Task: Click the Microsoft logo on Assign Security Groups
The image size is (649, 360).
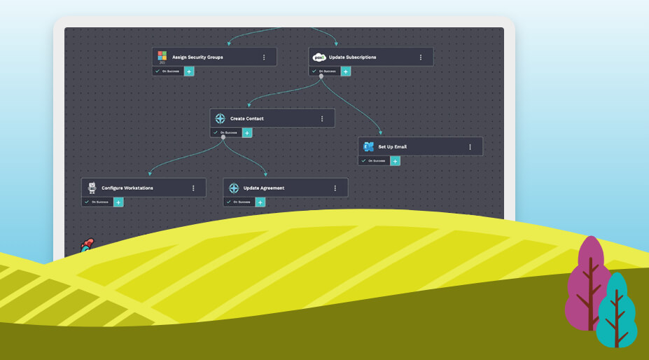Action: pos(162,57)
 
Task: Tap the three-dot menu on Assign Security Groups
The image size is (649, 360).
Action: pos(264,57)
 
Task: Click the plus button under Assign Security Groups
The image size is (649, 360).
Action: pos(189,71)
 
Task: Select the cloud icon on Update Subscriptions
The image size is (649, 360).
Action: pos(319,57)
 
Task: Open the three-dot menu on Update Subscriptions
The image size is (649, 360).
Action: pos(421,57)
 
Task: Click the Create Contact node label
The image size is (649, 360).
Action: pos(246,118)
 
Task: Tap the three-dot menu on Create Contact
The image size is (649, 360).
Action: pos(322,118)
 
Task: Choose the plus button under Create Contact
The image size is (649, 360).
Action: pos(247,132)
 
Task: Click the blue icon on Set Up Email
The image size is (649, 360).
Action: pos(368,146)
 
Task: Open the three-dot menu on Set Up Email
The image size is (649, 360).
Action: pos(470,146)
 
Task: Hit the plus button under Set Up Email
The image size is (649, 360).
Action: pos(396,160)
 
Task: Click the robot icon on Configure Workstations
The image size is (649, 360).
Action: pos(92,188)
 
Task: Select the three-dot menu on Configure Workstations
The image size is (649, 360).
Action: pos(193,188)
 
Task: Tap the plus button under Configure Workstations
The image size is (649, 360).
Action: pos(118,202)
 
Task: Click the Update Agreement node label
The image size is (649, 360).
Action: pos(263,188)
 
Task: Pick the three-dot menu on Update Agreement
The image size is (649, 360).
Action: pos(335,188)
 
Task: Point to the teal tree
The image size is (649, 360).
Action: pos(617,312)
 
